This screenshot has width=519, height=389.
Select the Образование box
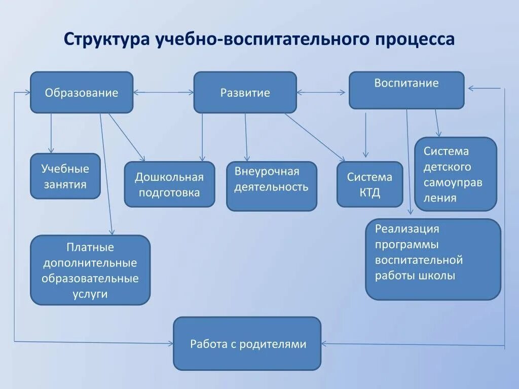pos(82,92)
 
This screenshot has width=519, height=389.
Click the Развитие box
pos(245,92)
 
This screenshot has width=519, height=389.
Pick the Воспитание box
pos(406,90)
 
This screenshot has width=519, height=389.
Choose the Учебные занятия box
pos(65,176)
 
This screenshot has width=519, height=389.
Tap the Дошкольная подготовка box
pos(169,184)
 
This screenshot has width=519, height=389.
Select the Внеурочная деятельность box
pos(271,186)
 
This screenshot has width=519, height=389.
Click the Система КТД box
pos(369,184)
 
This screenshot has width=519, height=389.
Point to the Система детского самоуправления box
pos(455,174)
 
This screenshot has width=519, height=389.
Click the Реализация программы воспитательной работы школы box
pos(433,259)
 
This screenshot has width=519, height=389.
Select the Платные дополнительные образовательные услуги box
pos(90,270)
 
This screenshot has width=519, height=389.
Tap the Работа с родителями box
pos(247,343)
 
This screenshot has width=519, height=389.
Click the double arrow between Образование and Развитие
pos(163,92)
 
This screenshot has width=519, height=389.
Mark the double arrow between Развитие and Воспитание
pos(322,92)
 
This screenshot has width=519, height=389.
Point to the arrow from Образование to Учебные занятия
pos(51,133)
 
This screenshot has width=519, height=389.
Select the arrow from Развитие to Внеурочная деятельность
pos(246,137)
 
